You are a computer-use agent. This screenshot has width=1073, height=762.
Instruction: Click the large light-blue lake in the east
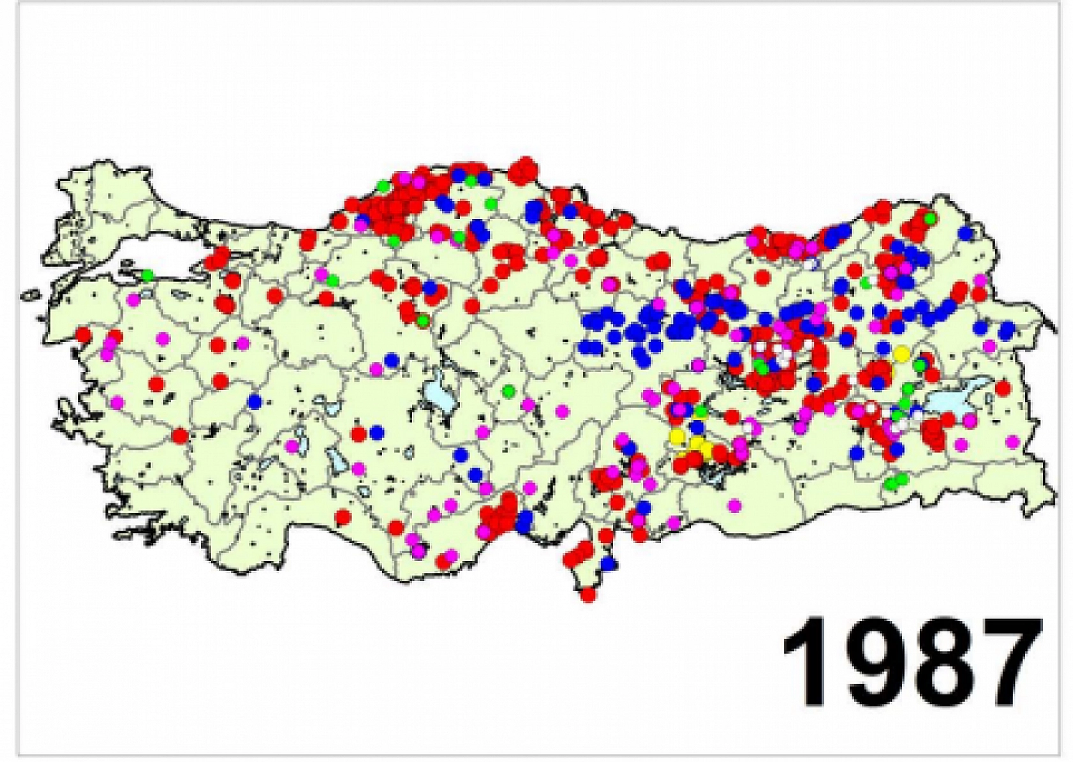[x=957, y=400]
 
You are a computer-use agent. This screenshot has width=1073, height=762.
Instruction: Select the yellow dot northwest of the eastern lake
[x=901, y=353]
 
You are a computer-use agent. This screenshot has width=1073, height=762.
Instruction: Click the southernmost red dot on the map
[x=588, y=595]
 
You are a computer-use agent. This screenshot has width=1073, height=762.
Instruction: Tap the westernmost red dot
[x=84, y=334]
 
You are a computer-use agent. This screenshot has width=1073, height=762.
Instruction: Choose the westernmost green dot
[x=147, y=276]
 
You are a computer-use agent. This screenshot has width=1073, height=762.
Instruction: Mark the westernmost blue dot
[x=255, y=401]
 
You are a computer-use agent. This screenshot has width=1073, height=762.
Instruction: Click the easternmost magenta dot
[x=1012, y=441]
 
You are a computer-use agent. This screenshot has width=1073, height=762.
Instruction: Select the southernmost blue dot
[x=610, y=564]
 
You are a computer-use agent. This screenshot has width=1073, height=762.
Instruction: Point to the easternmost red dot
[x=1003, y=388]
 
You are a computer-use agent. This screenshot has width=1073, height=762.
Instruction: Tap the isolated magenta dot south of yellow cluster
[x=734, y=505]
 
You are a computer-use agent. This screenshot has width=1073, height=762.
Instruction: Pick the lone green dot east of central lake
[x=508, y=390]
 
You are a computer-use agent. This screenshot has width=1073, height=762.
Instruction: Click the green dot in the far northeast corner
[x=930, y=218]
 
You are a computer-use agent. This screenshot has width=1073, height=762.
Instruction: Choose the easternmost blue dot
[x=1007, y=330]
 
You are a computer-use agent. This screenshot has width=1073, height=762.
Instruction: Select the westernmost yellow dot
[x=676, y=436]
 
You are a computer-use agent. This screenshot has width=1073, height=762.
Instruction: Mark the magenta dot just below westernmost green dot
[x=133, y=299]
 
